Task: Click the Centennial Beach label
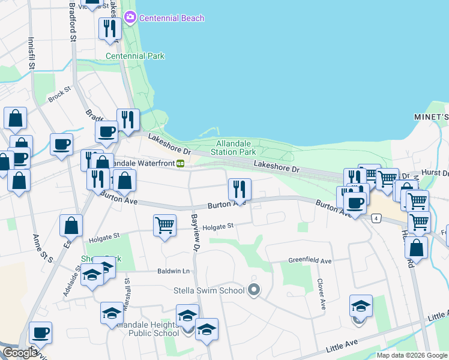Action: coord(172,18)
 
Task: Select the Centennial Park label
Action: coord(135,56)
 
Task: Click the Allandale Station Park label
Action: coord(236,148)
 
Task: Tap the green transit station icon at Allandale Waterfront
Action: coord(180,163)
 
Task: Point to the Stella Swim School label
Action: coord(209,291)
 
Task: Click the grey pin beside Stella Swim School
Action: coord(254,290)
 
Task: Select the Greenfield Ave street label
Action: coord(310,261)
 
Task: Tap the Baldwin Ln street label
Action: coord(173,271)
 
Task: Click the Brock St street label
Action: coord(59,95)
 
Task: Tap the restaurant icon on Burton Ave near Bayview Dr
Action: coord(240,190)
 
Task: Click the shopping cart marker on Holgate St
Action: coord(164,226)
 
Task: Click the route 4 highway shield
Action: coord(376,218)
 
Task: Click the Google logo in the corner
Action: coord(19,353)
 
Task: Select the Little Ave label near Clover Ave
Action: coord(342,346)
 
